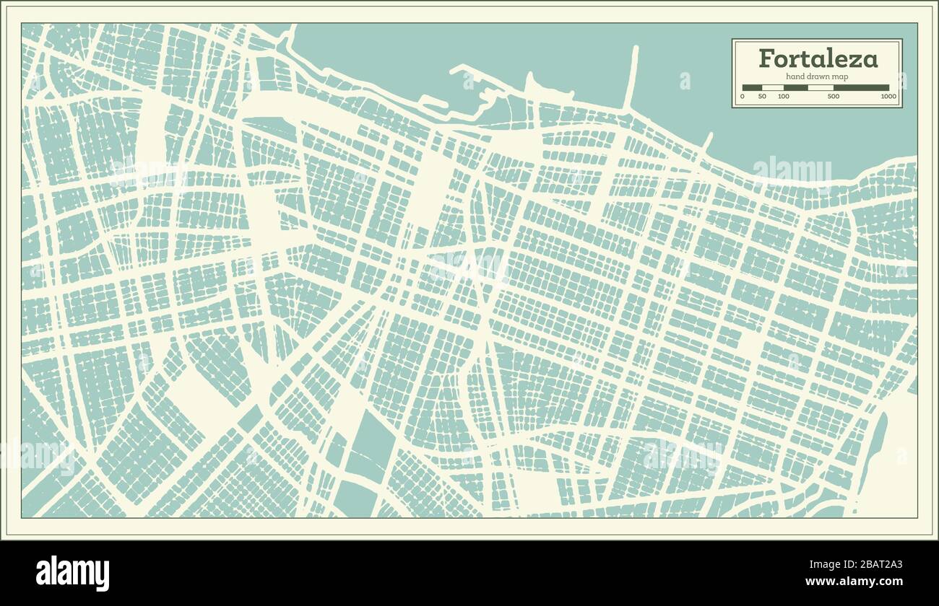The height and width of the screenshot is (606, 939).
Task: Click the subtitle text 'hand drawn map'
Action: click(x=817, y=76)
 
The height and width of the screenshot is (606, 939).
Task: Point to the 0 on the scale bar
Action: click(x=743, y=97)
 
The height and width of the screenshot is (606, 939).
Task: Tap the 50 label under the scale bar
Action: click(x=762, y=97)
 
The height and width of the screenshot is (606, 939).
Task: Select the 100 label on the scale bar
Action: click(x=784, y=97)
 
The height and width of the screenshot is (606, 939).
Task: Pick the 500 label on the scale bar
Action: click(x=833, y=97)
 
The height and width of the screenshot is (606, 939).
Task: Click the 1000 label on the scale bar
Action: click(x=888, y=97)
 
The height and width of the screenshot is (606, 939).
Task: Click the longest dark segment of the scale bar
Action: click(x=861, y=88)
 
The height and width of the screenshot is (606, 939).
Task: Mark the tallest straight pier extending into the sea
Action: click(x=632, y=76)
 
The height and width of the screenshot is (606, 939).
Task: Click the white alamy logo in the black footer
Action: click(x=72, y=573)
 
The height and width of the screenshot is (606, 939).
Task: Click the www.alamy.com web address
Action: click(x=853, y=581)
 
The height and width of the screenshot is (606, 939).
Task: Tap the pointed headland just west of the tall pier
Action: click(x=529, y=83)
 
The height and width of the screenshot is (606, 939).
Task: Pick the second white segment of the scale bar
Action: click(x=821, y=88)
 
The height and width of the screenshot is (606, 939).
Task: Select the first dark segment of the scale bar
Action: click(x=752, y=88)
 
